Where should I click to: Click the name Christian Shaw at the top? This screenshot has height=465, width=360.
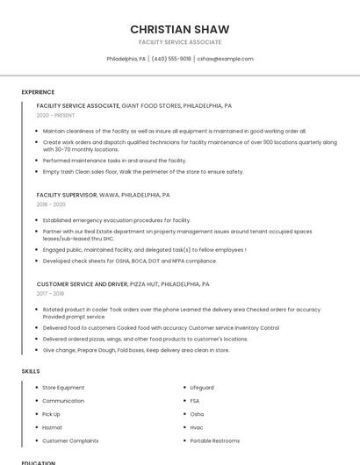tap(180, 29)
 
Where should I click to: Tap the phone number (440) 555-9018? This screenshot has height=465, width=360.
tap(171, 59)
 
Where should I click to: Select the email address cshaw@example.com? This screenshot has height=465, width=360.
tap(225, 59)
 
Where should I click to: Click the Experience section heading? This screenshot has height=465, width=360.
tap(38, 92)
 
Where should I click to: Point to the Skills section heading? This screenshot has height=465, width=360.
tap(31, 371)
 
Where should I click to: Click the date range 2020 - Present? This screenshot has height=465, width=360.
tap(55, 115)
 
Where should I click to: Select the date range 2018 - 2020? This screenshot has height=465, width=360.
tap(51, 204)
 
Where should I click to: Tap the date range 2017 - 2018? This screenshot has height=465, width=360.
tap(51, 294)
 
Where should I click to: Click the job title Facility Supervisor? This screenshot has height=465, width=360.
tap(66, 195)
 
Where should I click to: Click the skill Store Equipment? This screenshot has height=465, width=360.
tap(63, 388)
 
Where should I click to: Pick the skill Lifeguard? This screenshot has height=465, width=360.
tap(202, 388)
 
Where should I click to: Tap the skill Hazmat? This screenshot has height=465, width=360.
tap(52, 427)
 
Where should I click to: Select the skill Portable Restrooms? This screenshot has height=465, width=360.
tap(214, 440)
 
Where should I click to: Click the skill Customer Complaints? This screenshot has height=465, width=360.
tap(70, 440)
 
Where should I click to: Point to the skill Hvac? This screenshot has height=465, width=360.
tap(197, 427)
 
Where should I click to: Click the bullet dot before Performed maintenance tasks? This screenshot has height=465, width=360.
tap(37, 161)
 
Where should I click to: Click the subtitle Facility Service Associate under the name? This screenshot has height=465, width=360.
tap(180, 42)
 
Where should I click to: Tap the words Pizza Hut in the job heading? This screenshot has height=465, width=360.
tap(144, 284)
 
